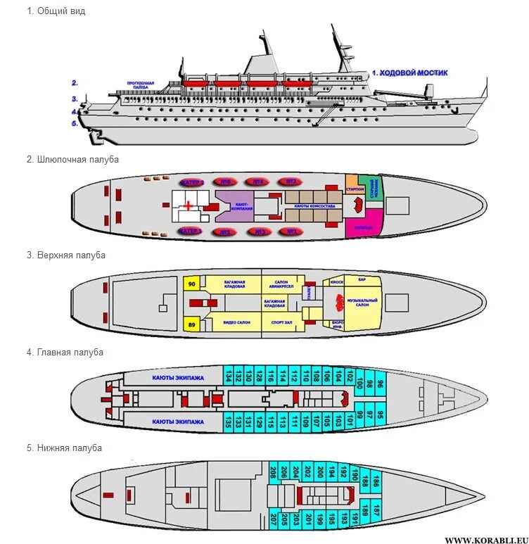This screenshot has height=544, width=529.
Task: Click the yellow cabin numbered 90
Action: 191,284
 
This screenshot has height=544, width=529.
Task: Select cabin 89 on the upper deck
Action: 191,324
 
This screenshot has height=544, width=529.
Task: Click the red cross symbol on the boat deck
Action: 189,205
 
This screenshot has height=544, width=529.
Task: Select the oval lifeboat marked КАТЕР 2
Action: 192,182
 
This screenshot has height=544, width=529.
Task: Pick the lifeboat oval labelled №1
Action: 291,232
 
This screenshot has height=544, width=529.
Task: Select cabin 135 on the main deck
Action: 229,422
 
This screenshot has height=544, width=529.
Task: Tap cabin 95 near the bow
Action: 380,415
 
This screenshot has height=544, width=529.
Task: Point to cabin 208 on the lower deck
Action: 274,472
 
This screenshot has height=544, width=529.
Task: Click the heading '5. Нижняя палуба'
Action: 64,448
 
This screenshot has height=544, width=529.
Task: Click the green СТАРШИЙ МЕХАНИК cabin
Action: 375,186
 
